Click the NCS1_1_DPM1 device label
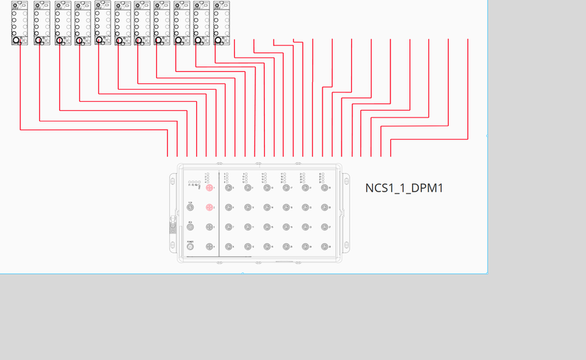(404, 188)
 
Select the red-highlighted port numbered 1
(209, 187)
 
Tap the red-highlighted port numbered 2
(209, 207)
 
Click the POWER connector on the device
(190, 247)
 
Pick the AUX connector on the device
(190, 227)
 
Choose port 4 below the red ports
(209, 247)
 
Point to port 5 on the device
(229, 187)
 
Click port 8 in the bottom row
(229, 247)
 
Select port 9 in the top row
(248, 187)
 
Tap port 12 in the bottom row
(248, 247)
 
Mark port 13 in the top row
(267, 187)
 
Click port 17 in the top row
(286, 187)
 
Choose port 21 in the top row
(306, 187)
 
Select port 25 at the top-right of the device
(325, 187)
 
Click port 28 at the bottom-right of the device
(325, 247)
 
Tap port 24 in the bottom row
(306, 247)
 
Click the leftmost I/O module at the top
(20, 22)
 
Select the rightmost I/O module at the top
(221, 22)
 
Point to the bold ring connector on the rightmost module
(219, 41)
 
